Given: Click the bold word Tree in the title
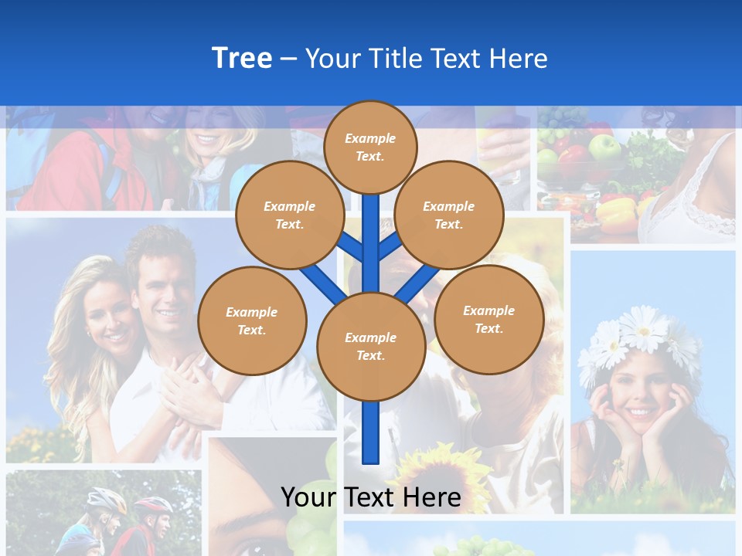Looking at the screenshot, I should [242, 58].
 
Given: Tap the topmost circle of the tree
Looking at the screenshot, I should [370, 147].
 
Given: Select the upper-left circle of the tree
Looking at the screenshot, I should [289, 215].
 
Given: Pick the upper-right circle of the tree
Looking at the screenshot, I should [448, 215].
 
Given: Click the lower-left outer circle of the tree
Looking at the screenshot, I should [252, 321].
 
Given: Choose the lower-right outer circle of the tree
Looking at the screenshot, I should [488, 320].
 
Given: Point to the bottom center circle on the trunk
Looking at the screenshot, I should [370, 347].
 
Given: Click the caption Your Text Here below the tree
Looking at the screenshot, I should [370, 497].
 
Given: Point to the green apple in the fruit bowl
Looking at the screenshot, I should [604, 146].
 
